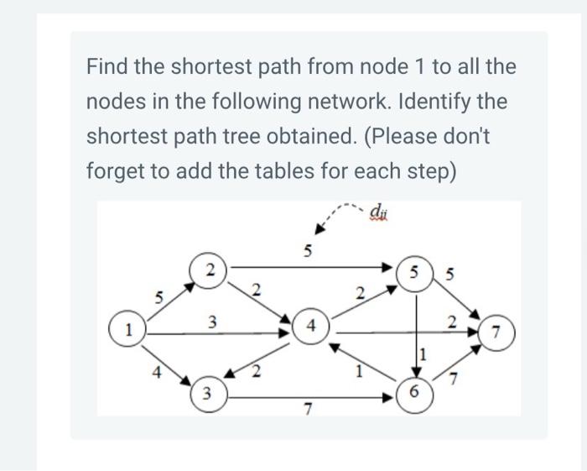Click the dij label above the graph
[x=379, y=211]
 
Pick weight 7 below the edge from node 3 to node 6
[x=308, y=410]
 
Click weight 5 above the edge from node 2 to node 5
[x=308, y=249]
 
